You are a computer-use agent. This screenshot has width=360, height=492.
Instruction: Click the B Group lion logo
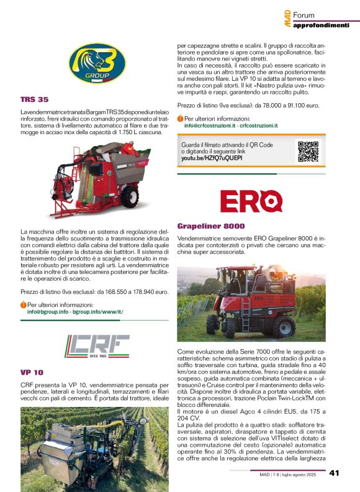tap(98, 63)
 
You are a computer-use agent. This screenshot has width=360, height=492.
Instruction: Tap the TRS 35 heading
tap(34, 99)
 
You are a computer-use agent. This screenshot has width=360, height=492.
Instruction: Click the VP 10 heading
tap(32, 372)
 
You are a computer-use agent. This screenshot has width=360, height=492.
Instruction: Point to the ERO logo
tap(251, 201)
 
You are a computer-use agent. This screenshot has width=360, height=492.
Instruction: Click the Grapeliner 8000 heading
tap(211, 226)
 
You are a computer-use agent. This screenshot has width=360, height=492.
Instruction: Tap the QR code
tap(308, 152)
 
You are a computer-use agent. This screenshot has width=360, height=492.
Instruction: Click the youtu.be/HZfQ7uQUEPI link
tap(212, 158)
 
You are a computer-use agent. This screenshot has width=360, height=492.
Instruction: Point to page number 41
tap(335, 473)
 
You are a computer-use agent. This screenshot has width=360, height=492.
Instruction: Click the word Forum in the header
tap(304, 15)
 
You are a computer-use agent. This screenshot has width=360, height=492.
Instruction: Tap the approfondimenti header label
tap(321, 25)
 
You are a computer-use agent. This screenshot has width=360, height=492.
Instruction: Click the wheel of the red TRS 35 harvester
tap(129, 197)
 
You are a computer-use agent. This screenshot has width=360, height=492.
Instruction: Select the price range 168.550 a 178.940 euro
tap(130, 291)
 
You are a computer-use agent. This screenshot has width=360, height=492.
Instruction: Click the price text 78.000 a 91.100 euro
tap(282, 106)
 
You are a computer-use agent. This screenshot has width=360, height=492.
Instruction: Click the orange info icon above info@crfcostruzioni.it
tap(180, 119)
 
